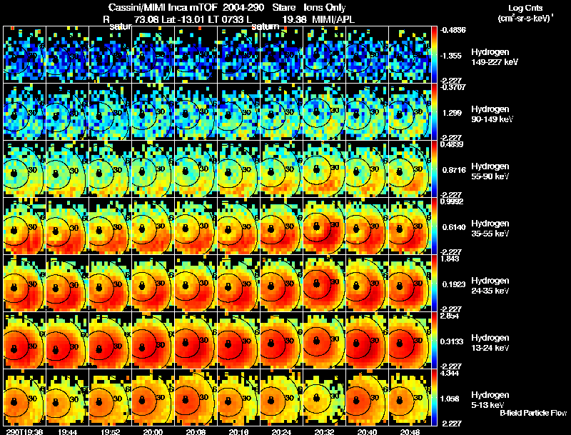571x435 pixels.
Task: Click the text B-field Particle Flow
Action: [532, 413]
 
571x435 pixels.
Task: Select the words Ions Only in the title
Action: [324, 7]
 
